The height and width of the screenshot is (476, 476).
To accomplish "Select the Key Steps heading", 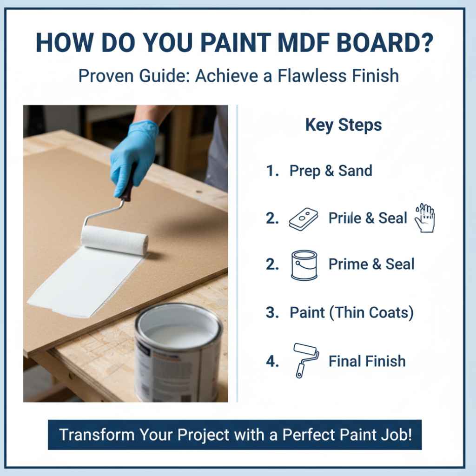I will [344, 125].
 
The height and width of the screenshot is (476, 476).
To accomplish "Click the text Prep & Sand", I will [331, 171].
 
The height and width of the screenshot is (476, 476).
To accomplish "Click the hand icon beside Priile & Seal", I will [424, 218].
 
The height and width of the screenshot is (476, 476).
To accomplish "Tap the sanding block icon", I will [303, 218].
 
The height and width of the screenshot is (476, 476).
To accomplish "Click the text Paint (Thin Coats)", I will [351, 313].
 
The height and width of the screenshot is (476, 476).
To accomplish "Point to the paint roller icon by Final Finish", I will [306, 360].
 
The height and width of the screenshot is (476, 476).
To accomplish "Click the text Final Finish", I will [367, 361].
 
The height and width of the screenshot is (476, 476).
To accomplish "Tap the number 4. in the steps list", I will [272, 361].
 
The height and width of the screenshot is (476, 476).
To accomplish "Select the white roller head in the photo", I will [114, 239].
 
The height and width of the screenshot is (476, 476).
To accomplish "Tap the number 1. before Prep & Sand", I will [272, 171].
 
